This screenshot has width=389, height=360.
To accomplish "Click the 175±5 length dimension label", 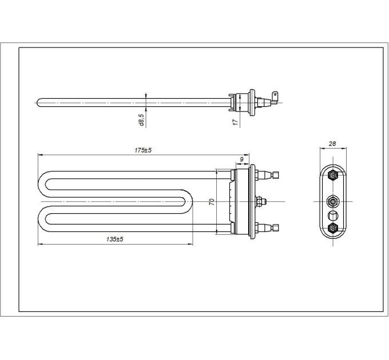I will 142,150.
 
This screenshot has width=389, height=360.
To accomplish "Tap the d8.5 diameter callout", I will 141,121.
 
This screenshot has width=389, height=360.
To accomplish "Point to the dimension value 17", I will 235,122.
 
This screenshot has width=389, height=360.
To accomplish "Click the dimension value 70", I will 212,202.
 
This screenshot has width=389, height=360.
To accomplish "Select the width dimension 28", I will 332,144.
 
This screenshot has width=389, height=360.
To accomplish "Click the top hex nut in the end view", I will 333,176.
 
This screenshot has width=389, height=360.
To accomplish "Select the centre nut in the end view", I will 333,202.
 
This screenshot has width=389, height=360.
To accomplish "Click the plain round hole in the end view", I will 333,216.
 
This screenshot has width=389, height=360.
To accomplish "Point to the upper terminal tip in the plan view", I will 277,175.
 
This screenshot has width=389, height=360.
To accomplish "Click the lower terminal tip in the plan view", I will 277,229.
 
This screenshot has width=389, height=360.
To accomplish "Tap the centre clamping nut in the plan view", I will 260,202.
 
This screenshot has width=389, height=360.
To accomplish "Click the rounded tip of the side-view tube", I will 39,103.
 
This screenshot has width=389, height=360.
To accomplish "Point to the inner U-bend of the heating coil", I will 192,202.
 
